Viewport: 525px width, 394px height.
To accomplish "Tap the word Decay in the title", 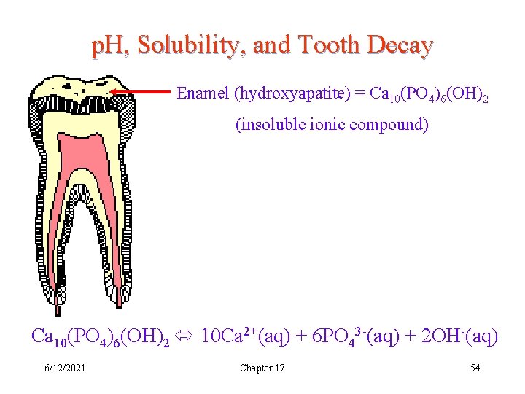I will [400, 46].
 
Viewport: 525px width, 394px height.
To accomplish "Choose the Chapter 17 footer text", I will [262, 368].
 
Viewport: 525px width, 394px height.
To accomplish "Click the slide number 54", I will [475, 368].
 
